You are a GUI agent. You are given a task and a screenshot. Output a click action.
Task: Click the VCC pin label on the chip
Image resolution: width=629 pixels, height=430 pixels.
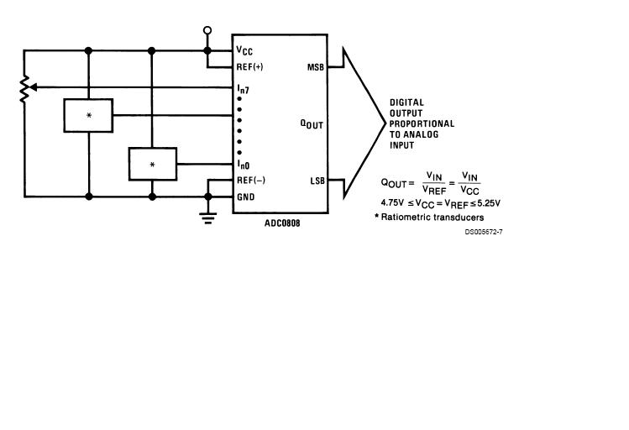point(244,50)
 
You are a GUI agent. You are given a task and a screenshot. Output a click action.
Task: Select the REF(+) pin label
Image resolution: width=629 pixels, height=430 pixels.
point(249,66)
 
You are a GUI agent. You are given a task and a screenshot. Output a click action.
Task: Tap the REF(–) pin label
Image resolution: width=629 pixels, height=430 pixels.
point(251,180)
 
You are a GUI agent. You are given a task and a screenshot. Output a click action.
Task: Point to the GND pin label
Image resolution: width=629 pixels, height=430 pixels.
point(245,197)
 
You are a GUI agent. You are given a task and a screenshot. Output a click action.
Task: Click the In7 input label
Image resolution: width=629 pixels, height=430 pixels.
point(243,89)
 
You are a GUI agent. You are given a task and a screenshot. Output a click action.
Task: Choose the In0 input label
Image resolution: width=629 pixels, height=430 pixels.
point(243,164)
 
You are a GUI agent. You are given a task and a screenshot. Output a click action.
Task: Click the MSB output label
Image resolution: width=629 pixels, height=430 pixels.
point(315,67)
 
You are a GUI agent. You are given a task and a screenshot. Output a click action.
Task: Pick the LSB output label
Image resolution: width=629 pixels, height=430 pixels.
point(317,181)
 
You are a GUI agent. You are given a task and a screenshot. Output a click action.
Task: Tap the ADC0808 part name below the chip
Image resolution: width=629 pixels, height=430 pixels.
point(282,223)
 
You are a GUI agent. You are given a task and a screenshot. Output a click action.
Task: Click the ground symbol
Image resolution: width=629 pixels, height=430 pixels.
point(207,218)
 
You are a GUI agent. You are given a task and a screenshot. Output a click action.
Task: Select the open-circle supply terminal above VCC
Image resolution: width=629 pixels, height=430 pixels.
point(207,30)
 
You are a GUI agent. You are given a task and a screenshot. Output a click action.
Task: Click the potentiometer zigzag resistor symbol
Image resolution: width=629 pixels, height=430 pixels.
point(24,88)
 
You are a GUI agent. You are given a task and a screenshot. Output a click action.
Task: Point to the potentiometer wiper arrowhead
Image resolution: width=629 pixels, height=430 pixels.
point(34,87)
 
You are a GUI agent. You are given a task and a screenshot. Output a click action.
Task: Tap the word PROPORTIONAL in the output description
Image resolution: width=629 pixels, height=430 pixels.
point(422,123)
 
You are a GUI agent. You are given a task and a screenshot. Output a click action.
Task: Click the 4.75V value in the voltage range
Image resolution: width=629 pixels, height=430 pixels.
point(392,202)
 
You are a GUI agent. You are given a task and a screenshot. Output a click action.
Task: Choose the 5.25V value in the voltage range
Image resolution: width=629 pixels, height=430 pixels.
point(489,203)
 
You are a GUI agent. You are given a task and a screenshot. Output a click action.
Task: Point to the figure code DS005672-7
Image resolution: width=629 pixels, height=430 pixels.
point(484,232)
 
